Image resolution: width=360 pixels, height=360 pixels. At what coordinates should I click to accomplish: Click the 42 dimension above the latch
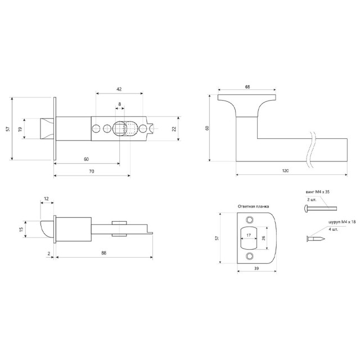click(119, 89)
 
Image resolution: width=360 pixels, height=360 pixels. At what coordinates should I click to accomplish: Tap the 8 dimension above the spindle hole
click(120, 104)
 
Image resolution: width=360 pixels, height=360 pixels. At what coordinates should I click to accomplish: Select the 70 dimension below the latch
click(91, 171)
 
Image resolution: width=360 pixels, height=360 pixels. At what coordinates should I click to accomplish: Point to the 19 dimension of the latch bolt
click(20, 129)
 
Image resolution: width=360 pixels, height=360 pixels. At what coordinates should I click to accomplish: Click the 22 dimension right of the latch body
click(174, 129)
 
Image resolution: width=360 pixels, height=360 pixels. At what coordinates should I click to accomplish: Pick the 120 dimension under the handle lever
click(285, 171)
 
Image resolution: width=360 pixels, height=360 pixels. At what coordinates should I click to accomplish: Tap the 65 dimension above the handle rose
click(247, 87)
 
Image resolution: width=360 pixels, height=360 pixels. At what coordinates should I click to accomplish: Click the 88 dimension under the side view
click(103, 253)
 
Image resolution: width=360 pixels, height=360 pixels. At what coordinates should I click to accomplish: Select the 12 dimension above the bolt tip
click(46, 199)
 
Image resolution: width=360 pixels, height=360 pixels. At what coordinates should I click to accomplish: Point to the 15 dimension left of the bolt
click(21, 229)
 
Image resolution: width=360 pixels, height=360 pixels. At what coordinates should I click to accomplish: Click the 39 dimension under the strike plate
click(256, 268)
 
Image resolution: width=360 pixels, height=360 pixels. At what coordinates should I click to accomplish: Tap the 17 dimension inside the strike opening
click(249, 235)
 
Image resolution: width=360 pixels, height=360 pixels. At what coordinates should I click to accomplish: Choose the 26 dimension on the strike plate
click(263, 238)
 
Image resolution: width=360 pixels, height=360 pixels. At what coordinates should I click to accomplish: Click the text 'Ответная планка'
click(253, 206)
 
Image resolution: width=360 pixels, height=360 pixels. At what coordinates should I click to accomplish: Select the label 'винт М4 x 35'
click(317, 192)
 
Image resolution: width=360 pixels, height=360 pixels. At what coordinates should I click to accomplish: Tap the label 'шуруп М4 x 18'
click(342, 222)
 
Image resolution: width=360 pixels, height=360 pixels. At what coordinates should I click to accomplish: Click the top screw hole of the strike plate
click(250, 220)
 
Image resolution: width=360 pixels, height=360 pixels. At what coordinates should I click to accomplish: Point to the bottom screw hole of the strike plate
click(250, 256)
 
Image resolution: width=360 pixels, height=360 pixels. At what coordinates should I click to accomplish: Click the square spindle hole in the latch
click(120, 129)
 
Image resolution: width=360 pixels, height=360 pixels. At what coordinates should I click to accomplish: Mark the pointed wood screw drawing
click(316, 239)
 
